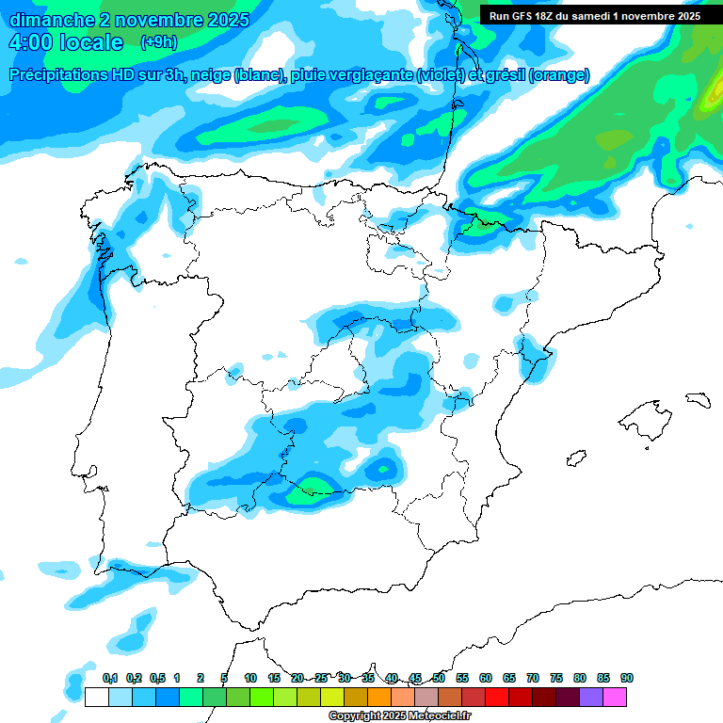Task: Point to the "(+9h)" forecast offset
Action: [x=158, y=42]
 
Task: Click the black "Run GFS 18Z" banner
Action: [x=593, y=16]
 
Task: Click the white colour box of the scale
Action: [x=96, y=698]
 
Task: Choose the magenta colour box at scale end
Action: [x=615, y=698]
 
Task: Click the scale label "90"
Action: [x=627, y=678]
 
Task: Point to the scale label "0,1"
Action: [x=109, y=678]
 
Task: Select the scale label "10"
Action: [x=250, y=678]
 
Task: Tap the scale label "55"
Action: [x=462, y=678]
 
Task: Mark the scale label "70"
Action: [x=533, y=678]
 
